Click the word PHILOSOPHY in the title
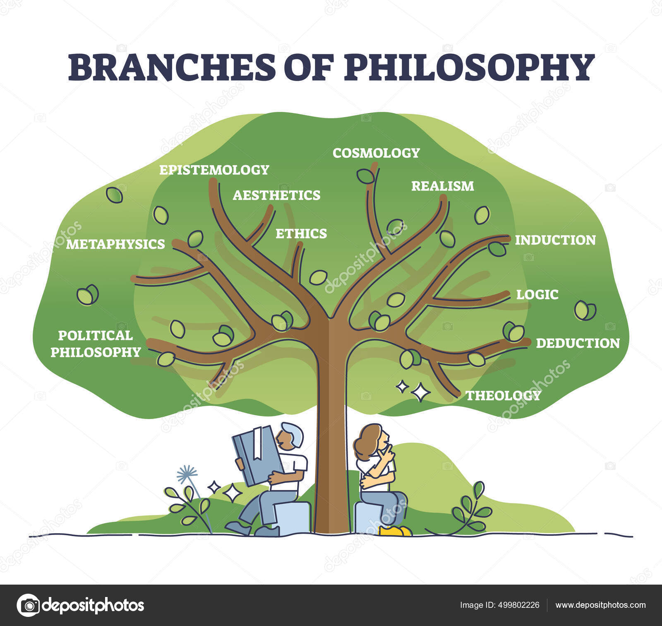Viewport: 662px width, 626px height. [469, 67]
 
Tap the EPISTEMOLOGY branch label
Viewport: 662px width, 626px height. [214, 170]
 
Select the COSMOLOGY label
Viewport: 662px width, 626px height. [376, 153]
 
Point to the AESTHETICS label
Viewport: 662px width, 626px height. [276, 195]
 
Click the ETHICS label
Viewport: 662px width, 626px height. [301, 234]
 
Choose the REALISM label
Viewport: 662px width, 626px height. [442, 186]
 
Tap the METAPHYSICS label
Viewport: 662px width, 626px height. [115, 244]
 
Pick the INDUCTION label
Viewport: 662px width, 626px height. [555, 240]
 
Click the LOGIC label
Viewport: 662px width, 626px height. [537, 294]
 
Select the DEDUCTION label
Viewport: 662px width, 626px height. [578, 343]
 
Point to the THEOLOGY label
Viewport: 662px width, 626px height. [504, 395]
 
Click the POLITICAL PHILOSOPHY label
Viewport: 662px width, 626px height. [96, 344]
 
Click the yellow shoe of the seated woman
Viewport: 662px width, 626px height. [395, 531]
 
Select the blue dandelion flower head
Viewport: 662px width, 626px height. [187, 473]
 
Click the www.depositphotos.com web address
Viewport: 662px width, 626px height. [600, 605]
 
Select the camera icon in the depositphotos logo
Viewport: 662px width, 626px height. [28, 605]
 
